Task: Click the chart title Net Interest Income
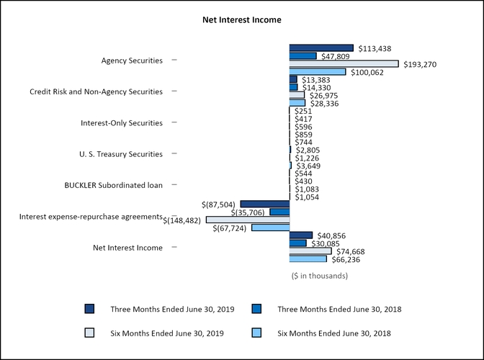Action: tap(241, 20)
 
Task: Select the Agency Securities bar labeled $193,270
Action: tap(344, 63)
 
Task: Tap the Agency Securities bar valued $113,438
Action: tap(321, 48)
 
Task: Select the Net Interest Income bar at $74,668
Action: tap(310, 251)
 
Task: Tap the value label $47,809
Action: tap(335, 55)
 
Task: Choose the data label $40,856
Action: tap(331, 235)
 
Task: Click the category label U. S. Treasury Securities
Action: tap(120, 154)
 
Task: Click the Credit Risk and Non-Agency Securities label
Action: tap(96, 92)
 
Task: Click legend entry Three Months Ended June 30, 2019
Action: tap(172, 309)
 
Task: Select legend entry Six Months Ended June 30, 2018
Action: tap(339, 333)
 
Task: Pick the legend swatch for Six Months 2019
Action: tap(89, 333)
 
